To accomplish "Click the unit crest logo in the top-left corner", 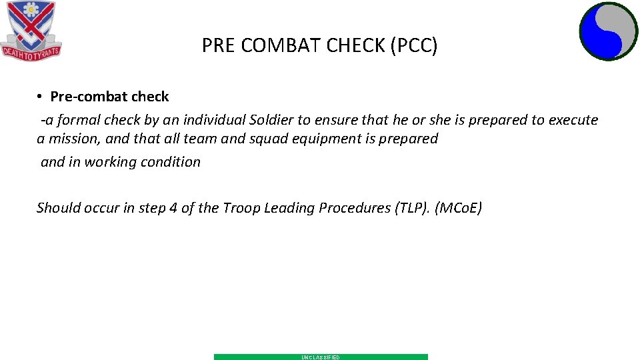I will click(x=31, y=28).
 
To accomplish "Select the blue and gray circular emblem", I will click(x=609, y=31).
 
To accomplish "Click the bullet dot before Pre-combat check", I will click(x=41, y=97).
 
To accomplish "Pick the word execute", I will click(x=573, y=120).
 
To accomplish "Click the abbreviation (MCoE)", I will click(x=458, y=208).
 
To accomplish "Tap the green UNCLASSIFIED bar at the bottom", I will click(x=321, y=357).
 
